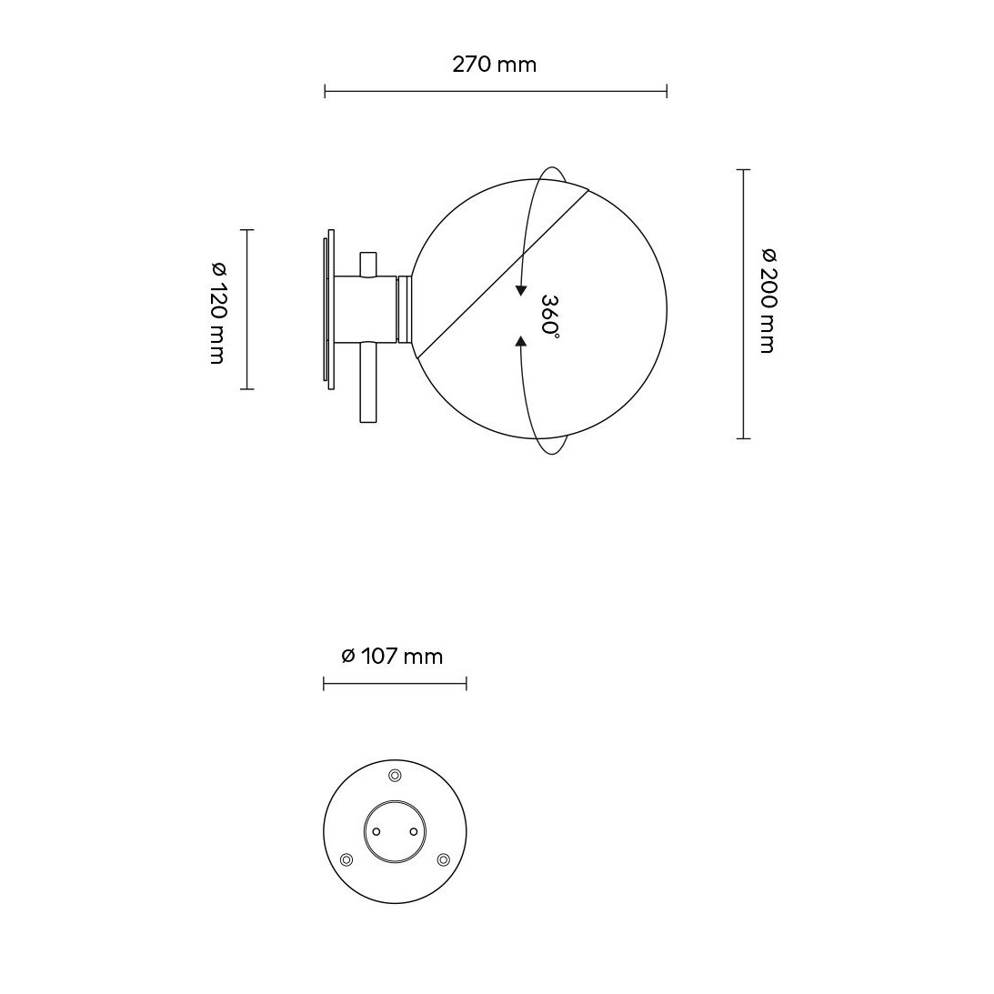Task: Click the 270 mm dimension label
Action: point(495,65)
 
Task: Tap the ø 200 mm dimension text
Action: point(768,301)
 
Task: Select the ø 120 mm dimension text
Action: point(217,313)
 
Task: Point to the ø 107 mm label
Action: point(392,656)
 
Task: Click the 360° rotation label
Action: point(549,315)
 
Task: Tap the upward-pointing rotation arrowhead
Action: point(521,342)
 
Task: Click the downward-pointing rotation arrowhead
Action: point(521,291)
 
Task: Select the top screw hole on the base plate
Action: point(395,776)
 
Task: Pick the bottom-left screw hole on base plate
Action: point(346,859)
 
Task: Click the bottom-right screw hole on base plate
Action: point(443,859)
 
